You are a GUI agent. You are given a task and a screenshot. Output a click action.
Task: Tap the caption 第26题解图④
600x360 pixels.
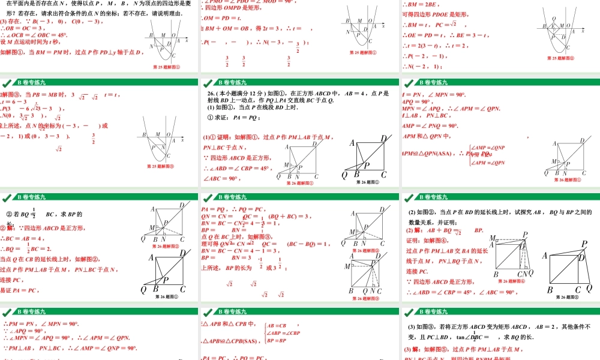pos(511,281)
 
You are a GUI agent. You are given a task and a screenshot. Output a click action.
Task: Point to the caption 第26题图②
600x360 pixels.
pos(566,296)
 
